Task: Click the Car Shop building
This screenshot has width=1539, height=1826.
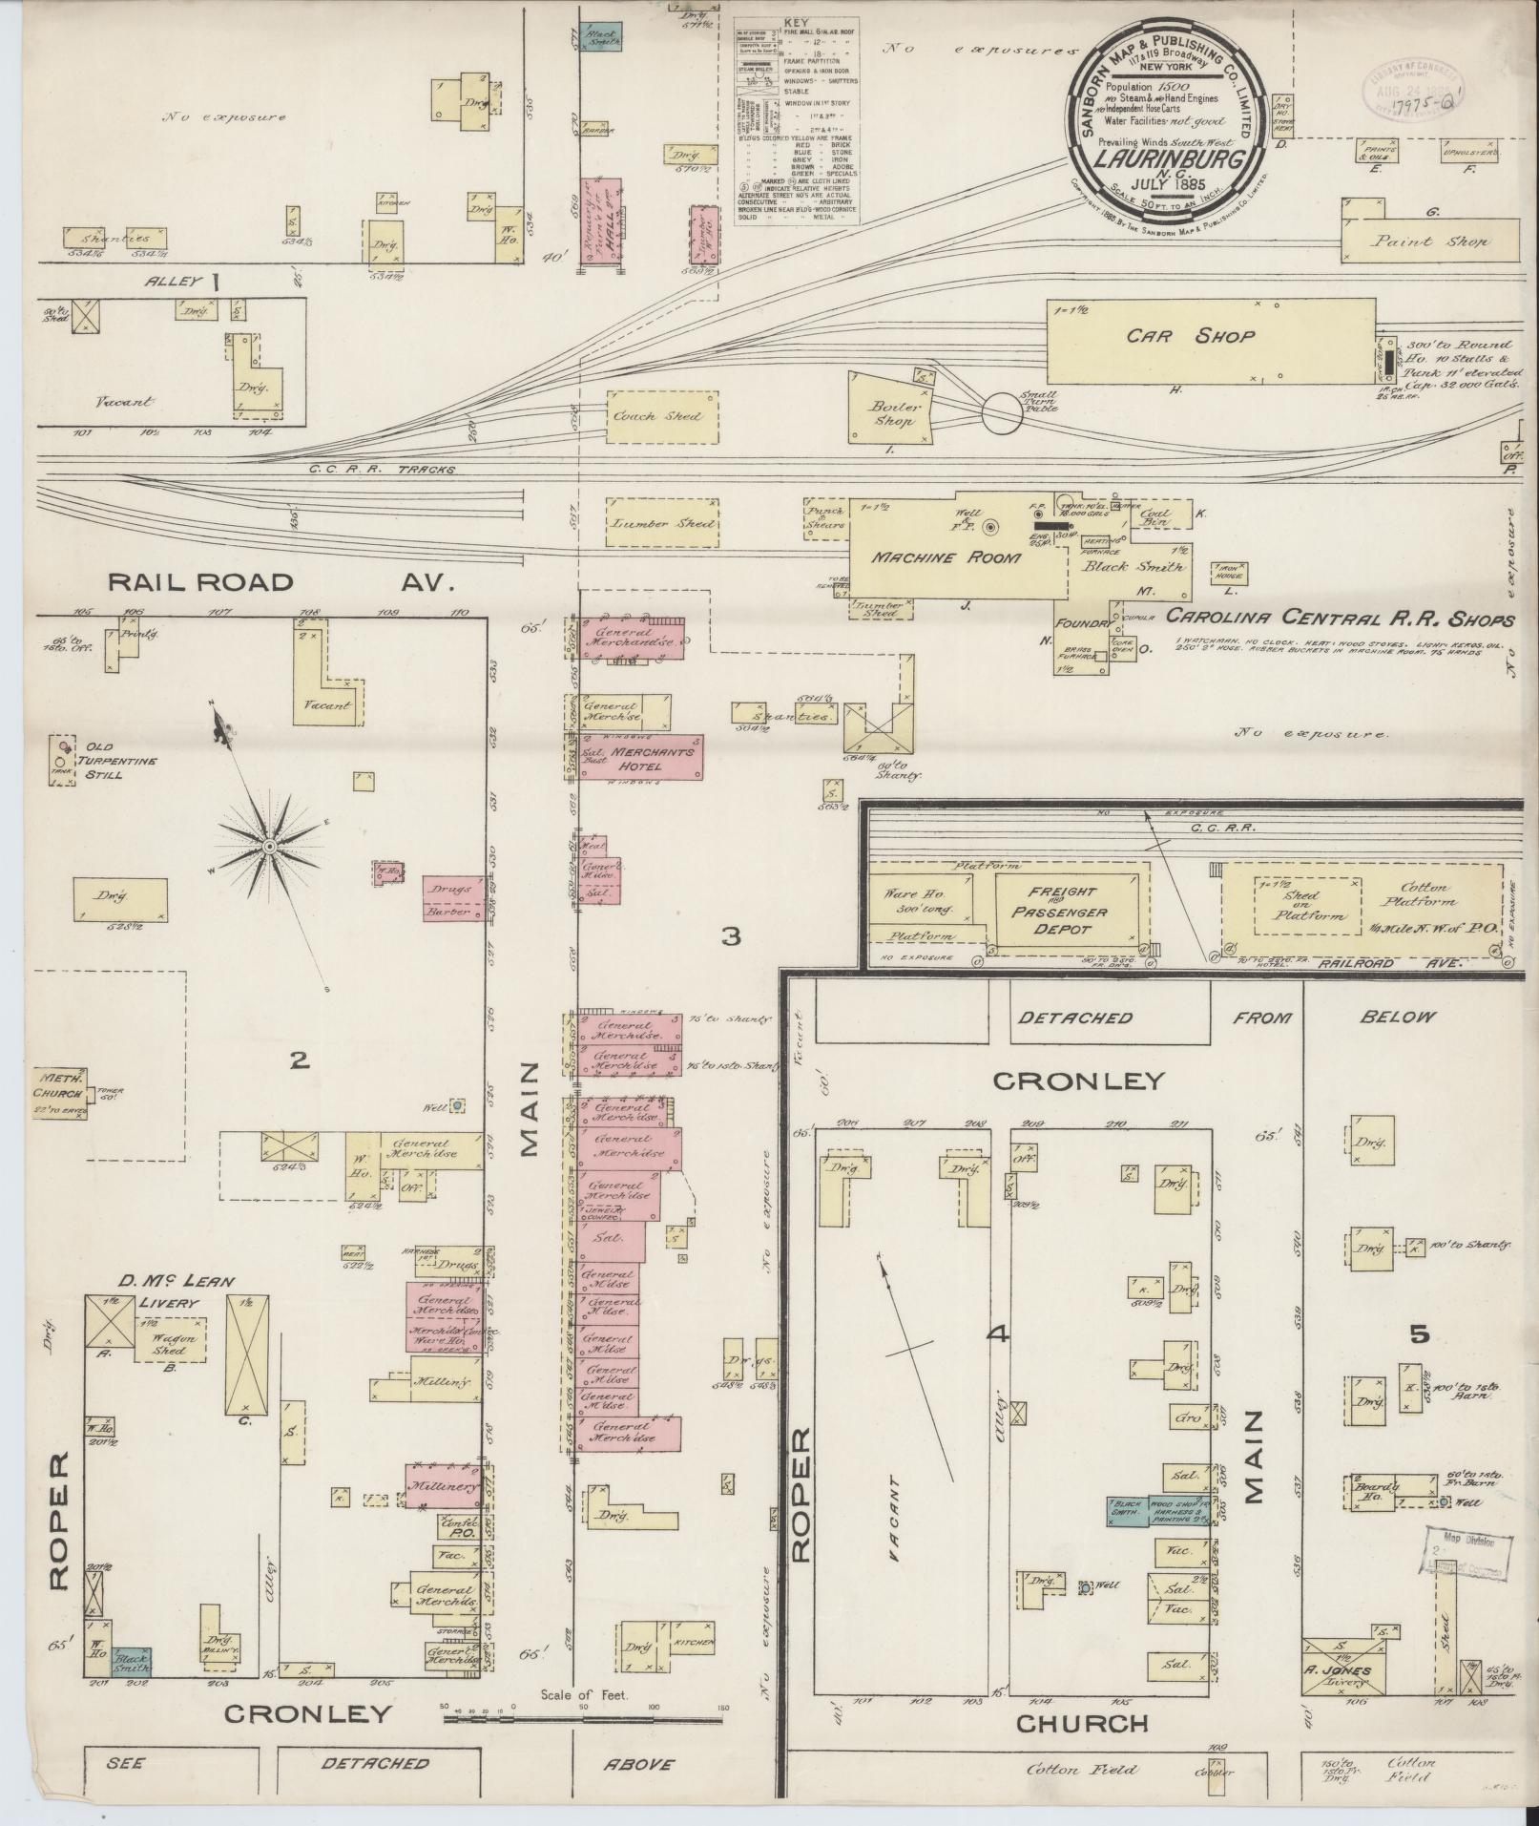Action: point(1210,338)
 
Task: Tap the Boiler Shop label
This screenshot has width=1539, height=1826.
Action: point(892,414)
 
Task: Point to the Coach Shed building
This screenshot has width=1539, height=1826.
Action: point(660,417)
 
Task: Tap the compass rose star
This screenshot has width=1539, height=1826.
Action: point(270,846)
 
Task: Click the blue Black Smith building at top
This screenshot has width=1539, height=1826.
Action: point(602,37)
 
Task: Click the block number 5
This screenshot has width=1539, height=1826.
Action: point(1420,1333)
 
